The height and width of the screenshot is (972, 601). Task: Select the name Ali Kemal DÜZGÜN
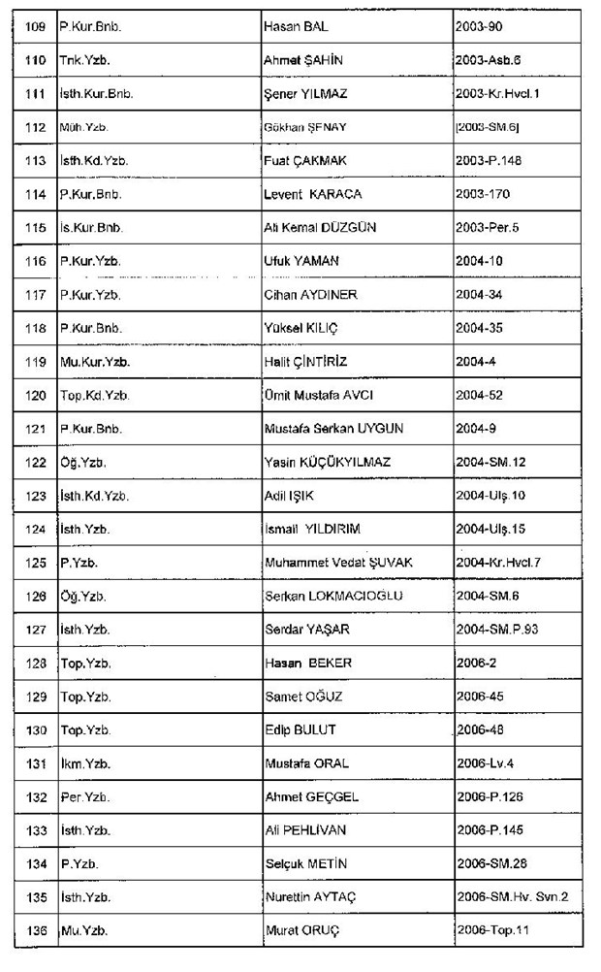[x=320, y=228]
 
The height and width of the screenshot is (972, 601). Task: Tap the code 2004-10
[x=477, y=261]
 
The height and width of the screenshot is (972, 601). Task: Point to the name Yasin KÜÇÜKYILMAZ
[x=327, y=463]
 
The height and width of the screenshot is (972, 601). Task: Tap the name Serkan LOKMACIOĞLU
[x=333, y=596]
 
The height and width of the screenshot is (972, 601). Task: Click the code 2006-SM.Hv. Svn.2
[x=511, y=897]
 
